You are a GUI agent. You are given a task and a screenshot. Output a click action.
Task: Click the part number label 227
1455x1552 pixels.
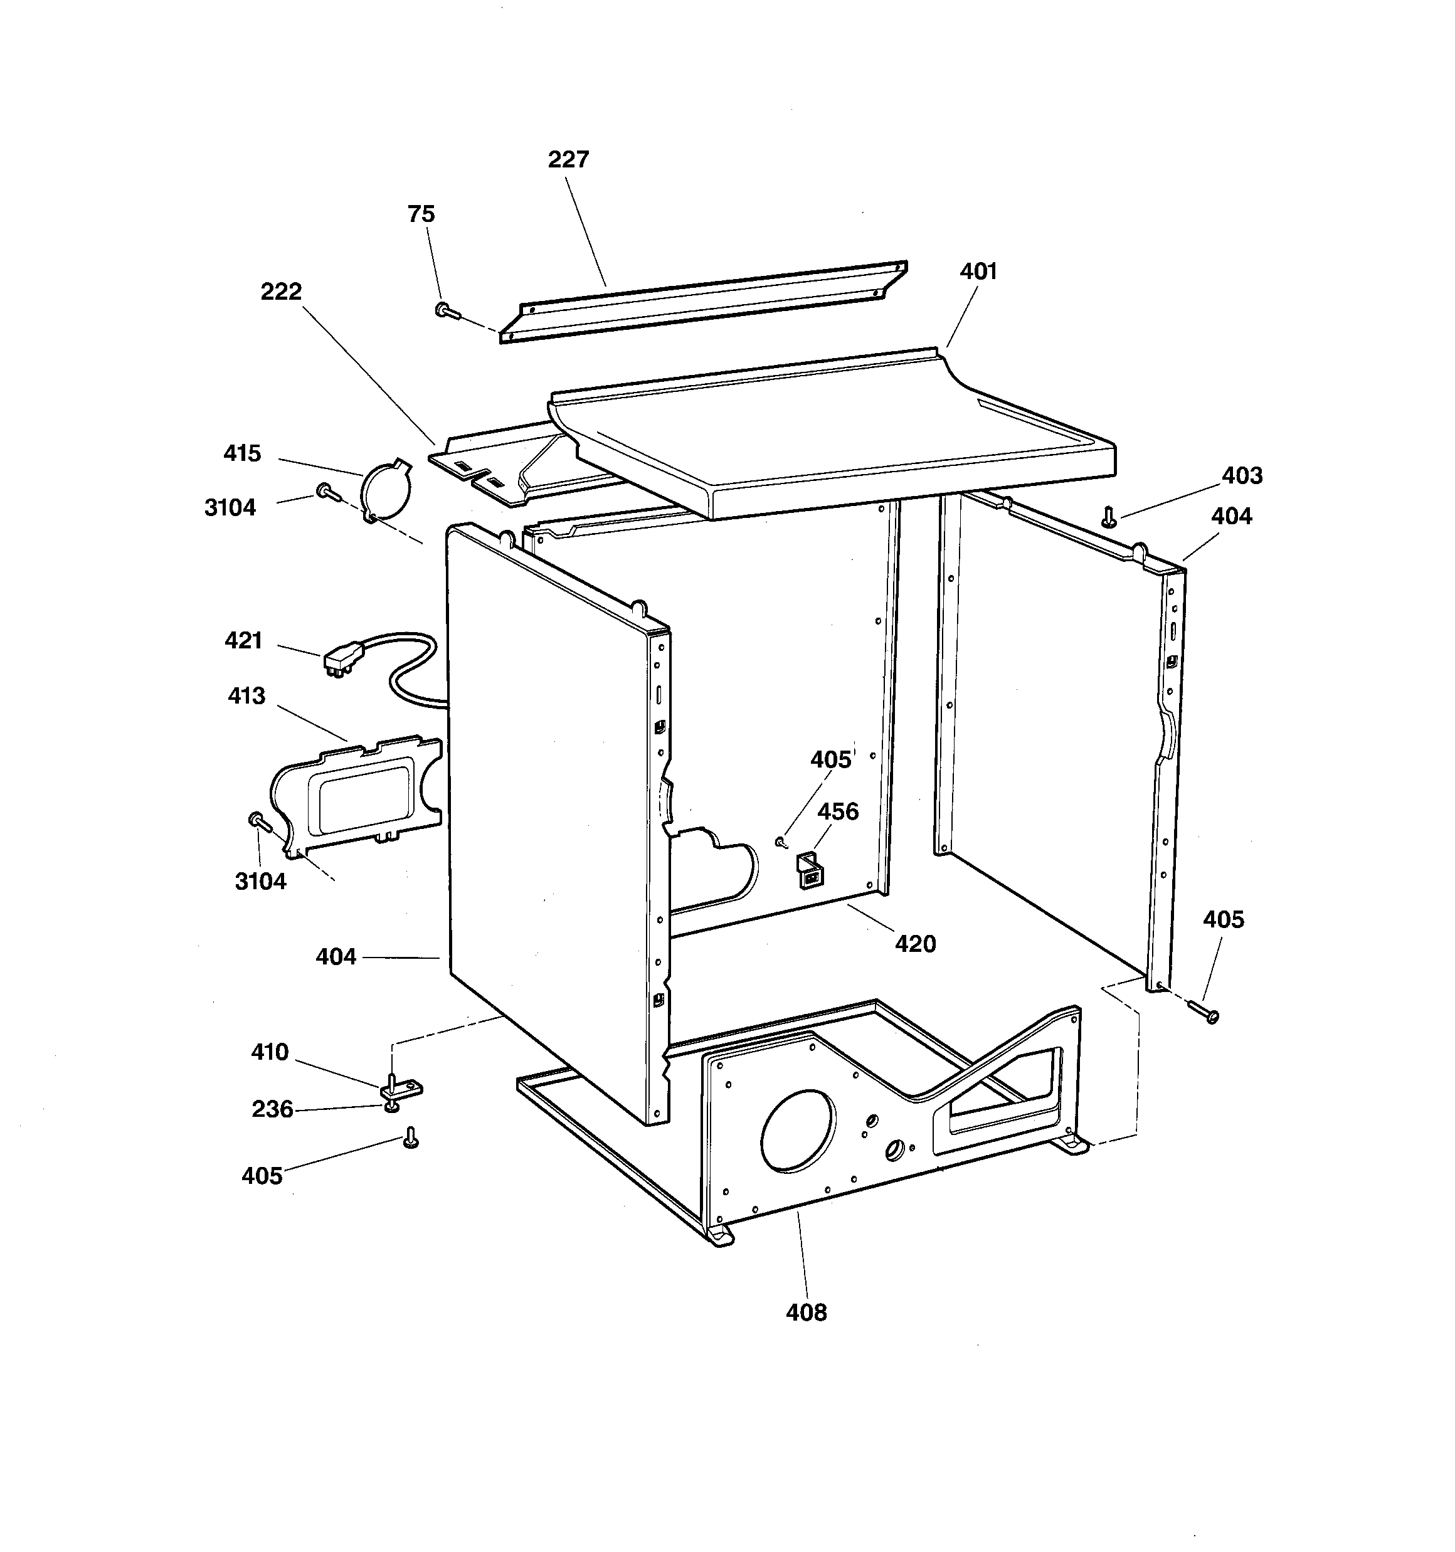click(568, 159)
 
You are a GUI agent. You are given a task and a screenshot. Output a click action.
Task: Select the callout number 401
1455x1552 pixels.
click(978, 271)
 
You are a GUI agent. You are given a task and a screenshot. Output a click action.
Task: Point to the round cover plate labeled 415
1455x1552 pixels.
click(385, 490)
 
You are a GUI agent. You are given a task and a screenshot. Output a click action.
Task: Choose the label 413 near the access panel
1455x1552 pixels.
click(247, 695)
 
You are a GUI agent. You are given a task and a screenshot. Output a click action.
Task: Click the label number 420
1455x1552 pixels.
click(914, 944)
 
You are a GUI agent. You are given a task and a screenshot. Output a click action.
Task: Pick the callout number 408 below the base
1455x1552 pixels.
click(806, 1312)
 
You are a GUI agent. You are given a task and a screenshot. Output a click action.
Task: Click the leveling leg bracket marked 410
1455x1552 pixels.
click(401, 1087)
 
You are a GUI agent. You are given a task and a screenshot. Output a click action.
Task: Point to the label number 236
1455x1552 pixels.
click(272, 1109)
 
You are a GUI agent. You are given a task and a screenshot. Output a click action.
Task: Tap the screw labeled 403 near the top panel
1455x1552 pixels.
click(1108, 517)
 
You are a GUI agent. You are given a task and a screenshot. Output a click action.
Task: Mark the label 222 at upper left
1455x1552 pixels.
click(280, 291)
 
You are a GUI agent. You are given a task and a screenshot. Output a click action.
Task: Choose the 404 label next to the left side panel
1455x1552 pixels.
click(336, 956)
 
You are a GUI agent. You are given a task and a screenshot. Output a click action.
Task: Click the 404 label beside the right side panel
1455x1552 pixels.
click(1231, 516)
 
